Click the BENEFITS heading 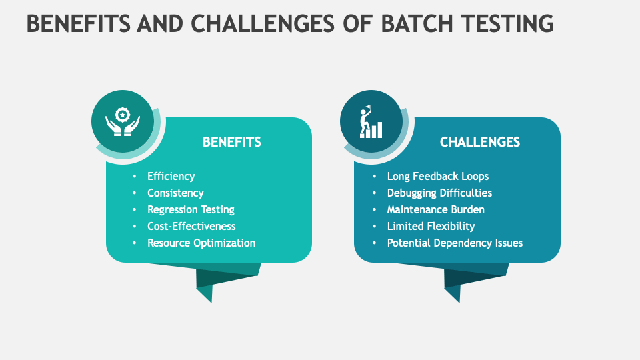coord(231,142)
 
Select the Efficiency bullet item coord(171,176)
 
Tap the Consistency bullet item coord(175,193)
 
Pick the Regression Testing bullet coord(191,209)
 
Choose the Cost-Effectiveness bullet coord(191,226)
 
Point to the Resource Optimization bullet coord(201,243)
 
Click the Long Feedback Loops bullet coord(437,176)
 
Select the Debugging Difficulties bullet coord(439,193)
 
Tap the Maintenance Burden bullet coord(435,209)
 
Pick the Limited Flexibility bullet coord(431,226)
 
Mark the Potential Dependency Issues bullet coord(455,243)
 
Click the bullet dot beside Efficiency coord(135,176)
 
